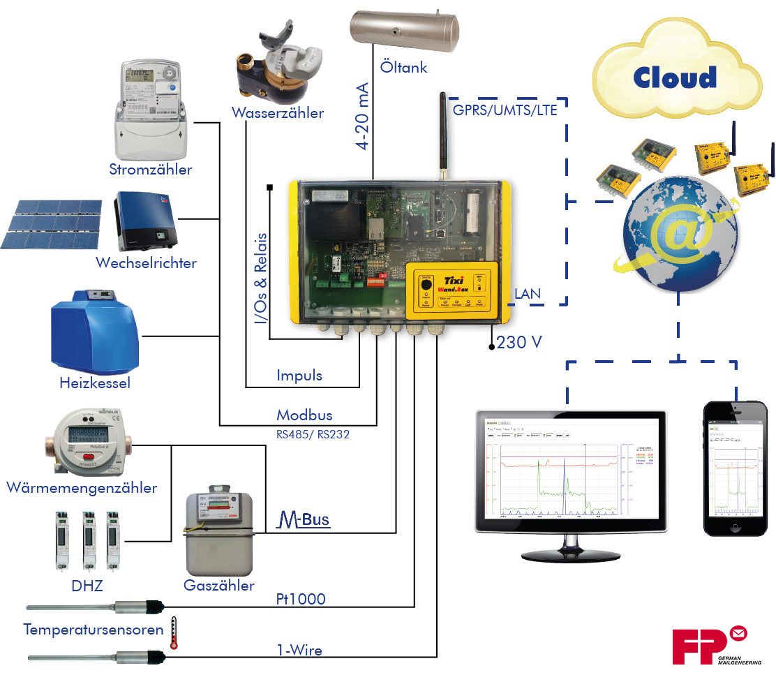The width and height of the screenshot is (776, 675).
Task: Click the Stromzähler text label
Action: tap(151, 170)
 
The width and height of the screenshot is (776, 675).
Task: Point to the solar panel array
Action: tap(52, 224)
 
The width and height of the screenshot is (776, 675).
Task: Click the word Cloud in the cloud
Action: tap(675, 77)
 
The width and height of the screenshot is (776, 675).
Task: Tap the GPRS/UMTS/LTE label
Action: tap(505, 110)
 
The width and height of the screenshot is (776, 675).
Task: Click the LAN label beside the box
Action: tap(527, 294)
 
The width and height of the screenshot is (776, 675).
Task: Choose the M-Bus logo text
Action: tap(304, 519)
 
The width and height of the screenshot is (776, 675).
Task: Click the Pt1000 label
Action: tap(301, 599)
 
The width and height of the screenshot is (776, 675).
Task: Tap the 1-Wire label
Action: tap(300, 651)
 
